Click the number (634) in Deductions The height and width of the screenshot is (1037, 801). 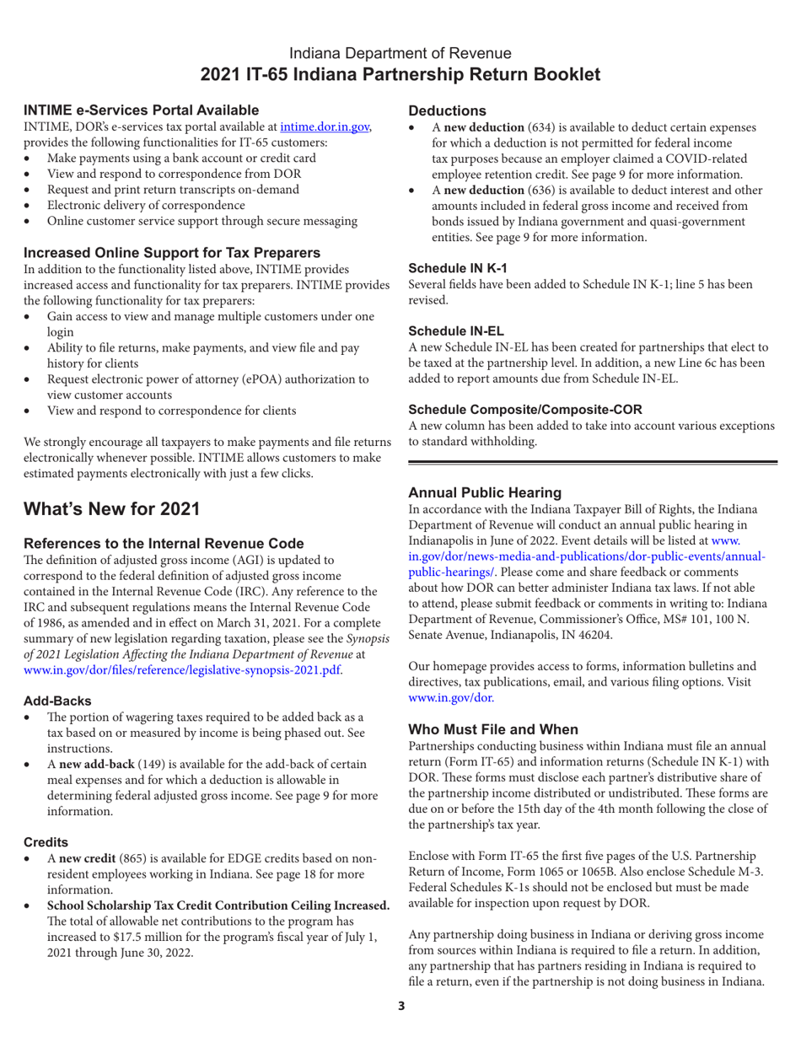[x=543, y=126]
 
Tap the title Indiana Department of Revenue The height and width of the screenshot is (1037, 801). [x=400, y=52]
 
